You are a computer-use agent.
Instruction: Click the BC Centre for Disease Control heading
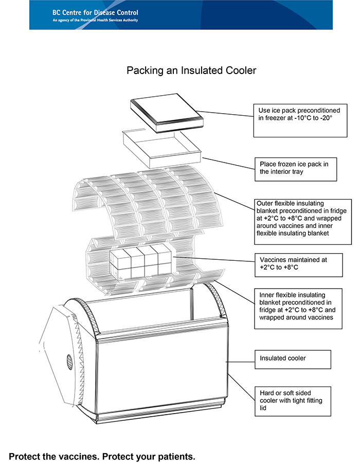95,12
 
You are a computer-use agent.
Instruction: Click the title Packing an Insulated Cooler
191,70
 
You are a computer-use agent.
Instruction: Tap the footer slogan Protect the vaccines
102,456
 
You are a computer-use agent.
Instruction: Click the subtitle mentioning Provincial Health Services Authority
95,21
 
